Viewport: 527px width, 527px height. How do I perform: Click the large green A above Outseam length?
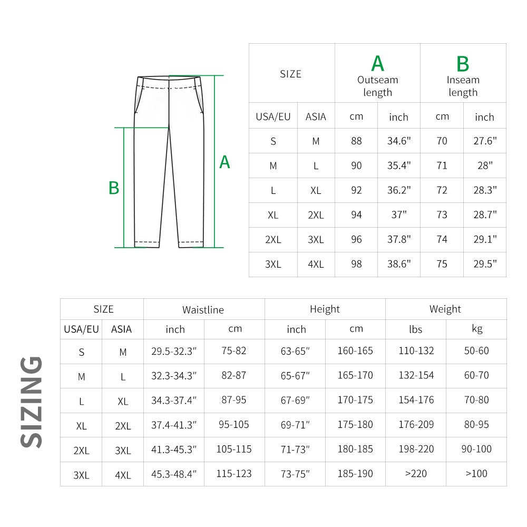[377, 63]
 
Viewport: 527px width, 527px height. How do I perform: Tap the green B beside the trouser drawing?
[114, 188]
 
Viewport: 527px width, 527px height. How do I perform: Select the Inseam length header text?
[463, 86]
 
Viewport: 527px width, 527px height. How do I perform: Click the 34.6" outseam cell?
[399, 141]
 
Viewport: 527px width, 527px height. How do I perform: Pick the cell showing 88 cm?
[356, 141]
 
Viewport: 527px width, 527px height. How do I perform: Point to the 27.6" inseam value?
[485, 141]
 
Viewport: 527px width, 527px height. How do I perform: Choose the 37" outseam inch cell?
[399, 215]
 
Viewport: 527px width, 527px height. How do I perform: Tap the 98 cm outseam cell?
[356, 264]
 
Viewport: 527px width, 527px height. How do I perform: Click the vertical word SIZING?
[32, 402]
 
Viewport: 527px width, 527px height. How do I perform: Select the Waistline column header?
[203, 310]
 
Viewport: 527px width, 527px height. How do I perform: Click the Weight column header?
[445, 309]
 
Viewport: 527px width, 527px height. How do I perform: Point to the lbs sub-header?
[415, 329]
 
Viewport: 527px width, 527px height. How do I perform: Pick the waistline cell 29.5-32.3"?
[174, 351]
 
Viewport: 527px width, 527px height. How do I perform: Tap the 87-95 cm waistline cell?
[234, 400]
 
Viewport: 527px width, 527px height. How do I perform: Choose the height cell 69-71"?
[295, 425]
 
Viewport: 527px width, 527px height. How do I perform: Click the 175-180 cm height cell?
[355, 425]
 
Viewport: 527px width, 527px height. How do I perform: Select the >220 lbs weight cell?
[416, 474]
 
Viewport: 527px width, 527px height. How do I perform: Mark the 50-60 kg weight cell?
[476, 351]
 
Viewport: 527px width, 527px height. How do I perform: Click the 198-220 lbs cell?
[416, 449]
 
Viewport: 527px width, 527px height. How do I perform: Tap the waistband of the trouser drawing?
[169, 80]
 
